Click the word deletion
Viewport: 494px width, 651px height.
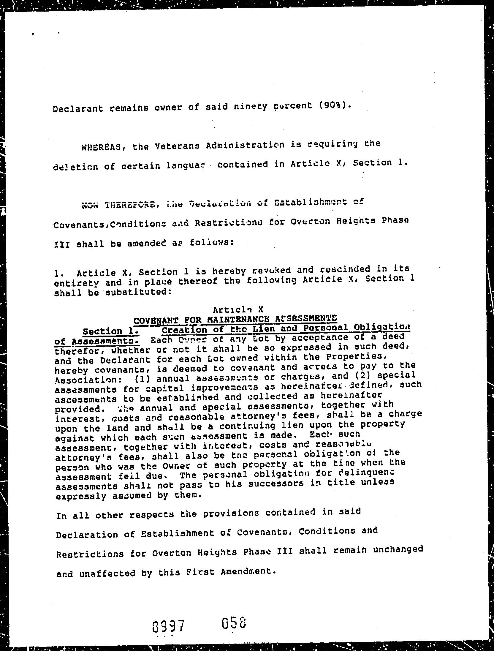[75, 167]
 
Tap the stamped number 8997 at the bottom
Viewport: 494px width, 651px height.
[168, 626]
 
